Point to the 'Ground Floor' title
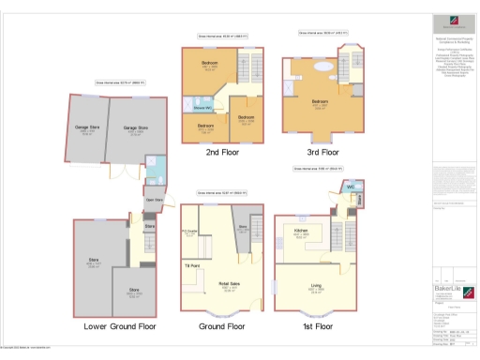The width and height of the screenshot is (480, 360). [x=222, y=326]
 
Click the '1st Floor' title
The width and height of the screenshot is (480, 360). [x=317, y=326]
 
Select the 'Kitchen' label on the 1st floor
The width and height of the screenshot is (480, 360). [x=302, y=230]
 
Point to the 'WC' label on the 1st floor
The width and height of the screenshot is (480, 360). [x=349, y=187]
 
